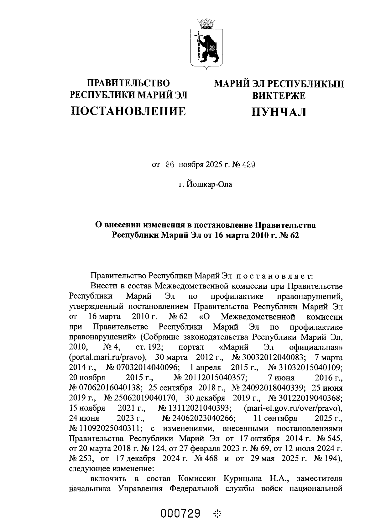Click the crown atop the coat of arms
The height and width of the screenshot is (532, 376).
point(206,24)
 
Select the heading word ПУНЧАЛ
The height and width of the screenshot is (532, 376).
point(279,112)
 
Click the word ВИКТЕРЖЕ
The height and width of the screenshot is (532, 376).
point(279,96)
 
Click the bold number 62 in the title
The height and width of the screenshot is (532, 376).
point(293,235)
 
